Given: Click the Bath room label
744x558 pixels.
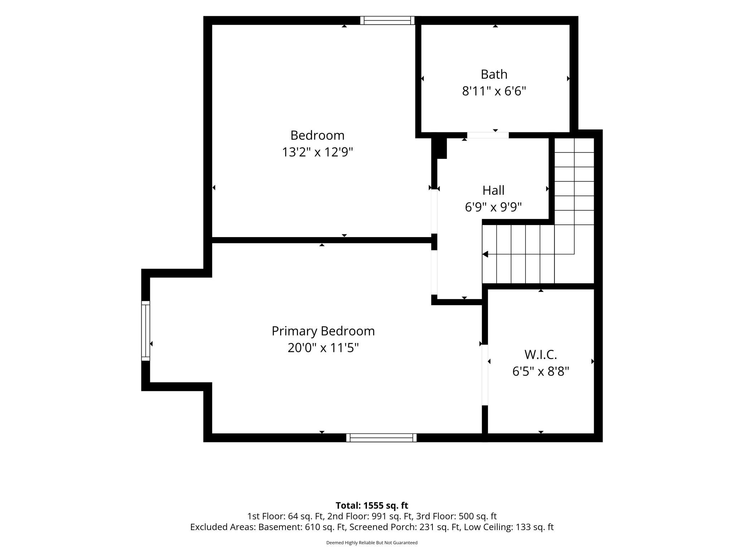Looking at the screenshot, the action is (494, 74).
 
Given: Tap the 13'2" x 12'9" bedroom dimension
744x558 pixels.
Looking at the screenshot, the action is (318, 152).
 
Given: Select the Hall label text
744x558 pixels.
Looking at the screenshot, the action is (494, 190).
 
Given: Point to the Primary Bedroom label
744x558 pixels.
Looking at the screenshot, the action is (323, 331).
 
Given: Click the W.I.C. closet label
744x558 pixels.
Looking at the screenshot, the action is (541, 355).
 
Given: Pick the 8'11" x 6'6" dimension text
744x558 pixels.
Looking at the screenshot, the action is (494, 92).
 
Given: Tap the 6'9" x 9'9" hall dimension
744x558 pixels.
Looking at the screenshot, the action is (494, 207).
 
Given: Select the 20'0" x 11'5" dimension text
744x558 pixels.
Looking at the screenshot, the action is (323, 348).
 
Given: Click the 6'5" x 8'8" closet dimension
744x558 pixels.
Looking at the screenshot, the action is (541, 372).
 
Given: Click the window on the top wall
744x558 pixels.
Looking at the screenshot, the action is (387, 20).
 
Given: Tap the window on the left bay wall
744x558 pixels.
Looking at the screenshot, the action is (146, 331).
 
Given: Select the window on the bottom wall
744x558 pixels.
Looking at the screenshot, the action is (381, 438).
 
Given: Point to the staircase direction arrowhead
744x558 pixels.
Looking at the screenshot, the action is (485, 254).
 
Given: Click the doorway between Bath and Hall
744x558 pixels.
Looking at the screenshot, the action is (488, 135).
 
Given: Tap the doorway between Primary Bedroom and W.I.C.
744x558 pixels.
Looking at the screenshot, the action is (485, 375).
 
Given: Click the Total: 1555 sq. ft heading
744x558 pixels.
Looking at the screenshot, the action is (372, 505).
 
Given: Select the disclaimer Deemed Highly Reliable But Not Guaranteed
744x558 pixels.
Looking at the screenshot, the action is (372, 543).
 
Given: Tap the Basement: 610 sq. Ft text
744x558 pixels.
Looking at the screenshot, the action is (302, 527).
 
